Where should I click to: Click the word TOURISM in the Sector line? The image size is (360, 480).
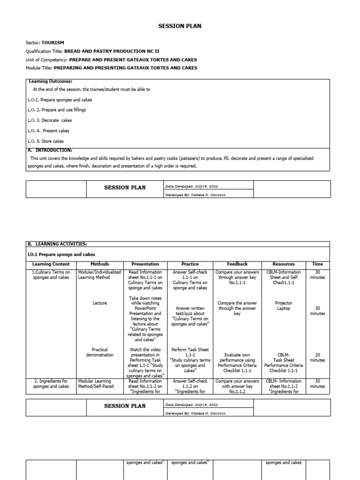point(52,42)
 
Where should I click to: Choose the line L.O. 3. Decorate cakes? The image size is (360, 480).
point(50,120)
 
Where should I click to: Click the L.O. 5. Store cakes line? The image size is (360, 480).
point(45,141)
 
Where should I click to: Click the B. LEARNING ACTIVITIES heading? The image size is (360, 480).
point(57,244)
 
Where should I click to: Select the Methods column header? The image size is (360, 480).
point(99,264)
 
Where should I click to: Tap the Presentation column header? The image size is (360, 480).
point(145,264)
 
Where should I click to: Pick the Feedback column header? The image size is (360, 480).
point(237,264)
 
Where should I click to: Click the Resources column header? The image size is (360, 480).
point(284,264)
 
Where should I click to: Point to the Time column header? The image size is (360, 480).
point(317,264)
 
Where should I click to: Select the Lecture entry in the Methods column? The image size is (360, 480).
point(99,303)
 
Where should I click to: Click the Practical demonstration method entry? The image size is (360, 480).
point(99,352)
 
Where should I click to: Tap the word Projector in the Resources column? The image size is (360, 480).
point(284,303)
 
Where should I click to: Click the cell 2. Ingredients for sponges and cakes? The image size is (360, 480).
point(51,384)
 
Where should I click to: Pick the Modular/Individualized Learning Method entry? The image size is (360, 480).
point(99,275)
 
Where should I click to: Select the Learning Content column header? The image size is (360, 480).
point(51,264)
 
